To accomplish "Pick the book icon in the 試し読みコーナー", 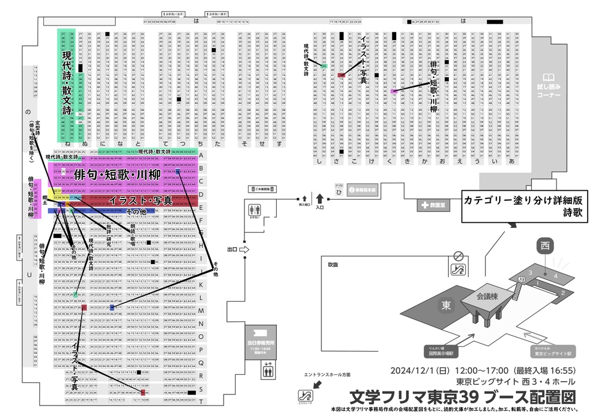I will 548,78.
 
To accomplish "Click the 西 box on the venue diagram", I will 544,245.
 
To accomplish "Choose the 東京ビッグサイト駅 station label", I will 552,353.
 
